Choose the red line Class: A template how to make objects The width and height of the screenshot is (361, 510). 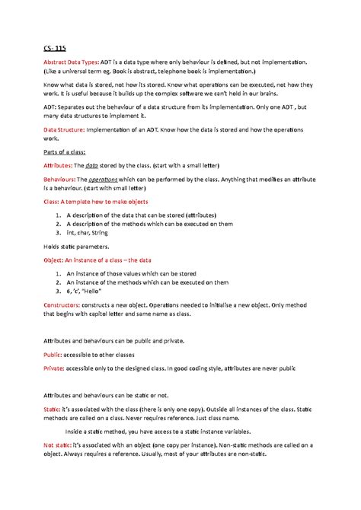(x=106, y=202)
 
